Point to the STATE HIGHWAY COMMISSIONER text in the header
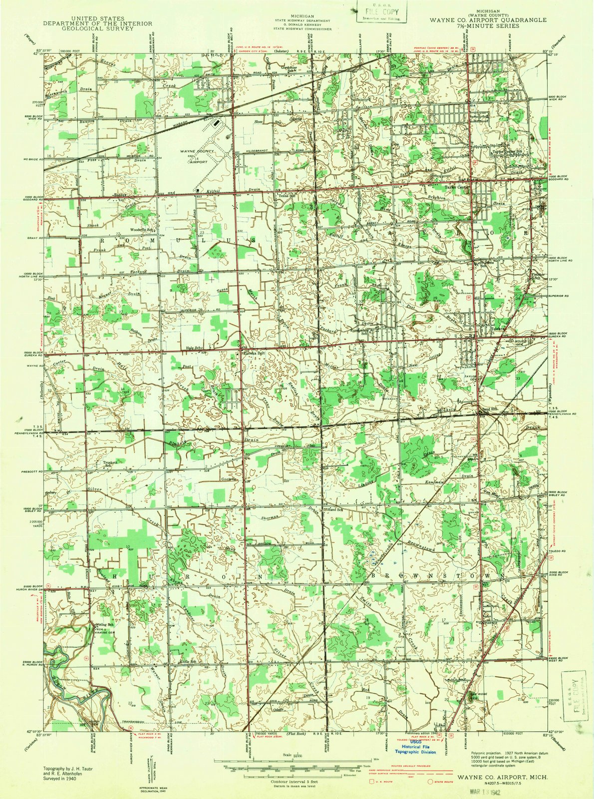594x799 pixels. point(304,29)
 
